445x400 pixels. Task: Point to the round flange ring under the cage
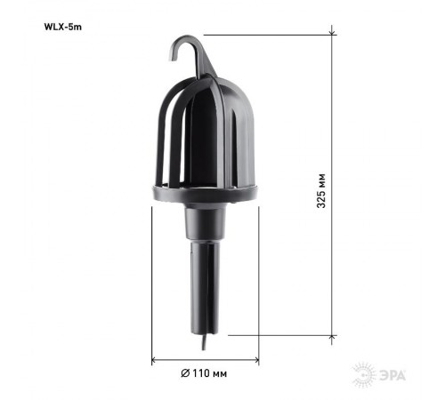tap(205, 192)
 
